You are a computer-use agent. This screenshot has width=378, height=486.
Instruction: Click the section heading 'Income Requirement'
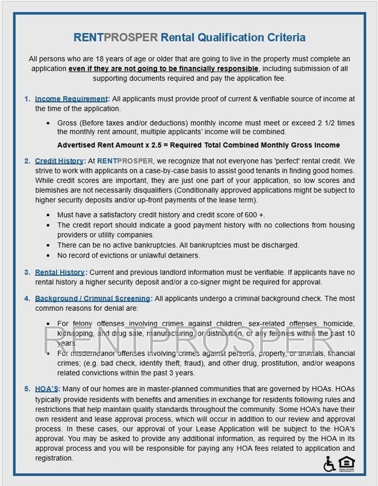(x=72, y=98)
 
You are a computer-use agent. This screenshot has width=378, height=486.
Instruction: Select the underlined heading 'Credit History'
(x=58, y=161)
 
